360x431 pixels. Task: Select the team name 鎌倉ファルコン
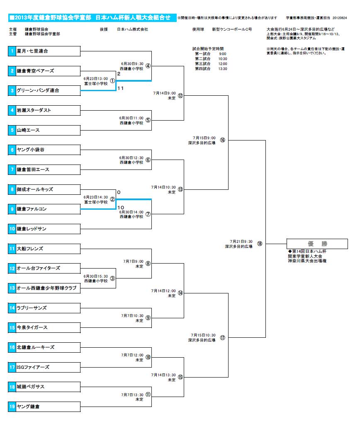(x=32, y=209)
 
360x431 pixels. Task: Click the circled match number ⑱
(x=260, y=244)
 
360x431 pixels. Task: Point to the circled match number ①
(x=112, y=80)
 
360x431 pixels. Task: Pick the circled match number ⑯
(x=222, y=140)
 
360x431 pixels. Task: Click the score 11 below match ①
(x=120, y=88)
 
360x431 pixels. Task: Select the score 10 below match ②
(x=120, y=207)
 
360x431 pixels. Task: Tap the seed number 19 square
(x=12, y=407)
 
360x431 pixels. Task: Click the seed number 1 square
(x=12, y=51)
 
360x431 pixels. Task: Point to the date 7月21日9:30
(x=241, y=241)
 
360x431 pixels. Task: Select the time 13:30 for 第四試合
(x=223, y=69)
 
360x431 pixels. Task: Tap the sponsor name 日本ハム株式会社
(x=132, y=29)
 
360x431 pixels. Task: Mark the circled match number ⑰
(x=222, y=337)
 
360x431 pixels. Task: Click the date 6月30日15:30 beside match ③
(x=96, y=276)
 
